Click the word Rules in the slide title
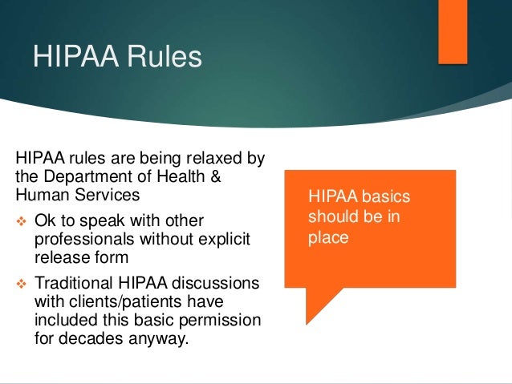tap(164, 59)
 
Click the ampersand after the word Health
tap(214, 176)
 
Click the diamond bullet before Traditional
tap(22, 283)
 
